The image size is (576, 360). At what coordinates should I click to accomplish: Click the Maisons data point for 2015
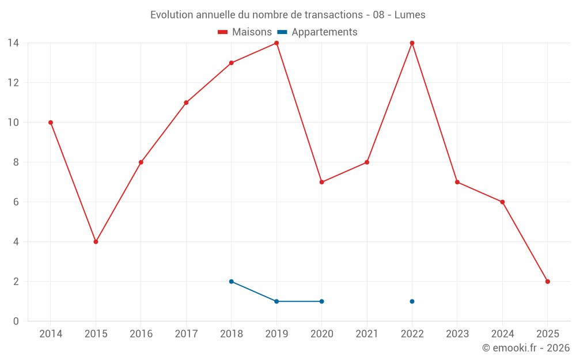click(x=96, y=242)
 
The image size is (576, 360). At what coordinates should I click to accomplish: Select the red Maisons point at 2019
click(x=276, y=43)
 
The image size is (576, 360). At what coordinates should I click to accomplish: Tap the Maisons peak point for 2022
click(x=412, y=43)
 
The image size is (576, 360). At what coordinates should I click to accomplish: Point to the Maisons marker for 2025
click(x=548, y=282)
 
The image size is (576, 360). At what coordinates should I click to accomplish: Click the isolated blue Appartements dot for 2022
click(x=412, y=301)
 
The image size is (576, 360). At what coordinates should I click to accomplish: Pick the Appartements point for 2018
click(x=231, y=282)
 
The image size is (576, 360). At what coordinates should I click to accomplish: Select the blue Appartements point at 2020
click(x=321, y=301)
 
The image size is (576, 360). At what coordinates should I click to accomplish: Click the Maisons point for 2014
click(x=51, y=123)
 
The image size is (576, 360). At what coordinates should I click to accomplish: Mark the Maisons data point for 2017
click(x=186, y=103)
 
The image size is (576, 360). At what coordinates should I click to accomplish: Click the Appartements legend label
click(x=324, y=32)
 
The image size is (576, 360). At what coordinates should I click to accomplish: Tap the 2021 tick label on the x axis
click(x=367, y=334)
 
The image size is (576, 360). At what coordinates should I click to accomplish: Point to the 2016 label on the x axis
click(x=141, y=334)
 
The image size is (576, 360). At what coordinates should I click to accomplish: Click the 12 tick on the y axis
click(x=13, y=83)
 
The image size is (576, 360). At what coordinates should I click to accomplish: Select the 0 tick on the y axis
click(x=16, y=321)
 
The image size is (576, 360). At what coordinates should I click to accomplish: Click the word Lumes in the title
click(x=410, y=15)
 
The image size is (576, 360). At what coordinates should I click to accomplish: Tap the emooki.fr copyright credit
click(x=526, y=348)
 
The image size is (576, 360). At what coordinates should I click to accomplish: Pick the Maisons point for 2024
click(x=502, y=202)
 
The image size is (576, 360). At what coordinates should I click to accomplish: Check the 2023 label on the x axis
click(x=457, y=334)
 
